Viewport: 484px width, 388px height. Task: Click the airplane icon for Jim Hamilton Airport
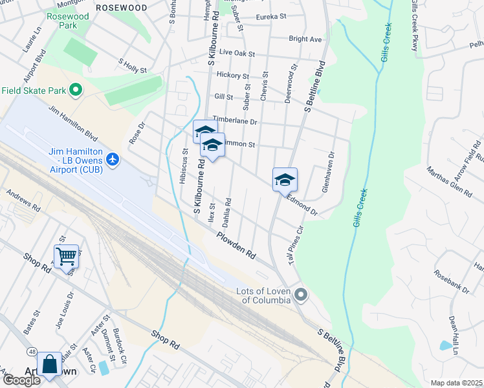tap(113, 159)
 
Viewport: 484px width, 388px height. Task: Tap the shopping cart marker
tap(66, 256)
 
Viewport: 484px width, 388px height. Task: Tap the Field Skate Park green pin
tap(75, 90)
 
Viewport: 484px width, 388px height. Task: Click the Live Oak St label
tap(237, 52)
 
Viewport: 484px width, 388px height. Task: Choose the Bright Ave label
tap(305, 39)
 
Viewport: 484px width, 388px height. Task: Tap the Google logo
tap(21, 380)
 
